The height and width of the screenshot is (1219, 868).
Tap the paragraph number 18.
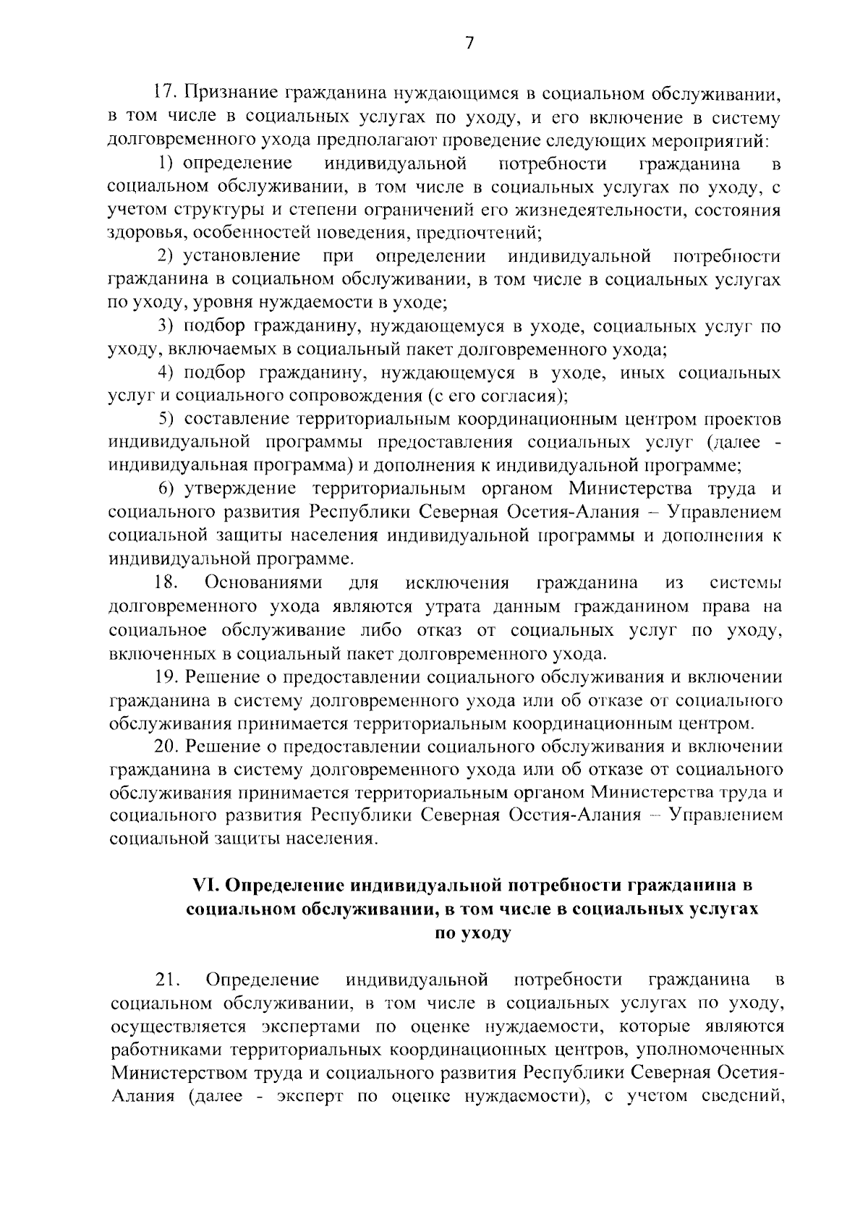pyautogui.click(x=166, y=582)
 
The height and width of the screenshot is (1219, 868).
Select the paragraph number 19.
pyautogui.click(x=167, y=677)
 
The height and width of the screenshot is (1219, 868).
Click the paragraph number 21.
pyautogui.click(x=167, y=980)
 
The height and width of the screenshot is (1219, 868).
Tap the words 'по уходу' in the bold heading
pyautogui.click(x=472, y=933)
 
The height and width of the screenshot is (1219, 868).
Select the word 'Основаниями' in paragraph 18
pyautogui.click(x=264, y=582)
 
